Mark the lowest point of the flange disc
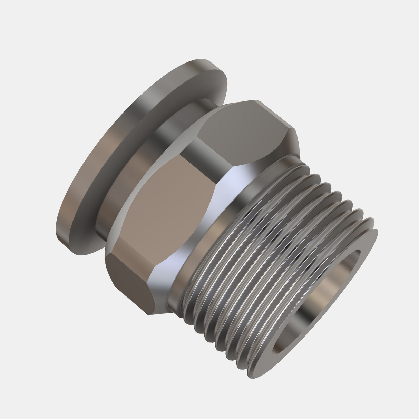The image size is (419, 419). click(x=79, y=255)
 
